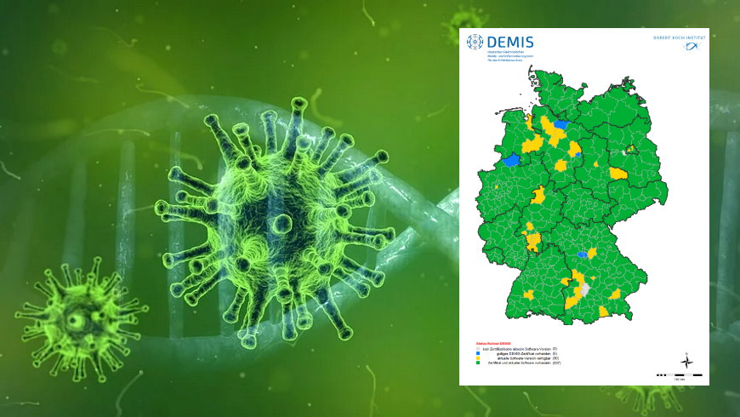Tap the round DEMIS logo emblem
(474, 41)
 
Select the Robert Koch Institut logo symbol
(692, 47)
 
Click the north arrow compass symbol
(686, 362)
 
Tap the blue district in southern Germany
(583, 254)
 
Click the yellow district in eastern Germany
(618, 174)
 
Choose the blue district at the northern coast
(561, 124)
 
